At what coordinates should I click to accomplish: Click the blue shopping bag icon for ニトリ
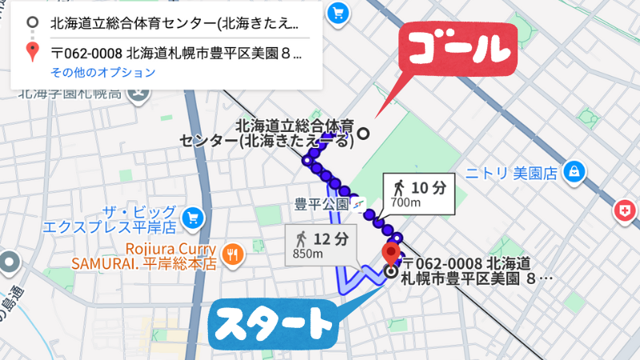point(573,170)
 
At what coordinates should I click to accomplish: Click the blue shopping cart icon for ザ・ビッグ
point(192,217)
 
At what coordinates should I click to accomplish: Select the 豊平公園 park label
point(321,204)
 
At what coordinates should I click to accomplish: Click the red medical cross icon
point(623,211)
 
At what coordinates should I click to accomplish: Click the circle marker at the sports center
point(364,134)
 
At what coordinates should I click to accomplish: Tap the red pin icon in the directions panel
point(31,53)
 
